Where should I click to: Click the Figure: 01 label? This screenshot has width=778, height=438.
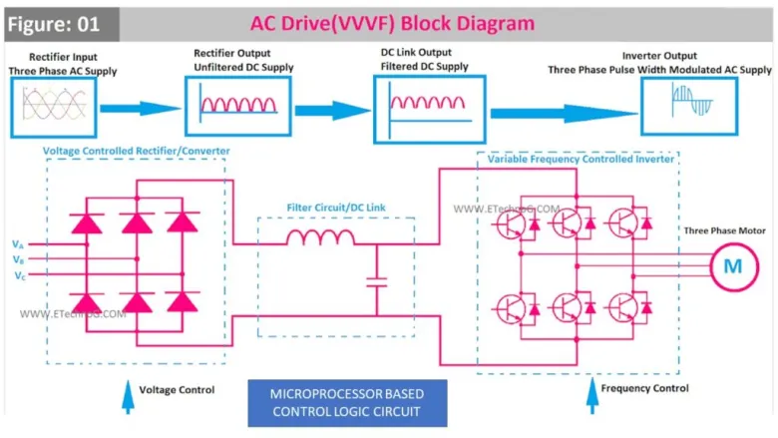pos(57,23)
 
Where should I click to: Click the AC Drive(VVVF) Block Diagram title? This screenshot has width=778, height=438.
pos(393,23)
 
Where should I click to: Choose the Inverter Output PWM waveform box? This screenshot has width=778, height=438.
pos(674,107)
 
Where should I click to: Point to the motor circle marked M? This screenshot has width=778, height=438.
pos(732,265)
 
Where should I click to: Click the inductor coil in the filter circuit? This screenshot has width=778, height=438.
pos(319,237)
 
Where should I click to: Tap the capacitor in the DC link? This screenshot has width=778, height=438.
pos(376,283)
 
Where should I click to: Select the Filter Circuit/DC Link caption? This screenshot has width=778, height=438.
pos(335,209)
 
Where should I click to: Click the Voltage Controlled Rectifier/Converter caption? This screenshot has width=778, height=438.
pos(137,151)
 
